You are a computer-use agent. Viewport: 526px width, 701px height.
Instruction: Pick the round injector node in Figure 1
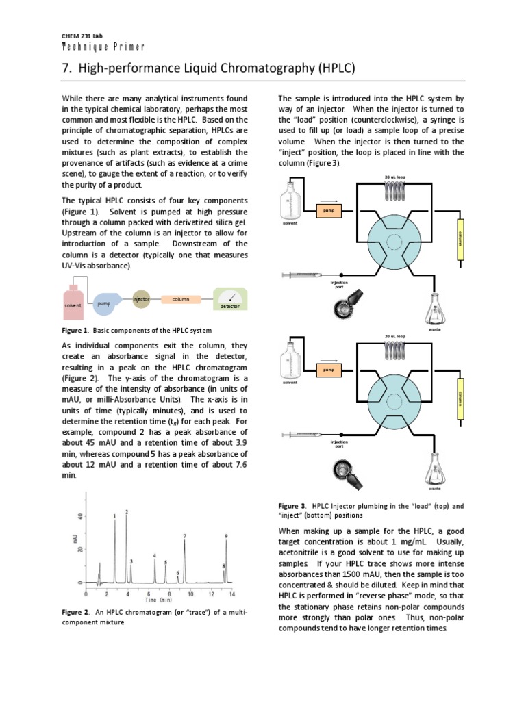pos(141,299)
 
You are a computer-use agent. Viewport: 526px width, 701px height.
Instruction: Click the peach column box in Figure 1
pos(181,299)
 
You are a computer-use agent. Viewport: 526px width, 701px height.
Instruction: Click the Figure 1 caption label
pos(75,329)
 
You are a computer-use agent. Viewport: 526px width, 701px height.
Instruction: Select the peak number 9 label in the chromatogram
pos(226,536)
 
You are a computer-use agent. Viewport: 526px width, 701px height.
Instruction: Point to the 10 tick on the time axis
pos(190,592)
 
